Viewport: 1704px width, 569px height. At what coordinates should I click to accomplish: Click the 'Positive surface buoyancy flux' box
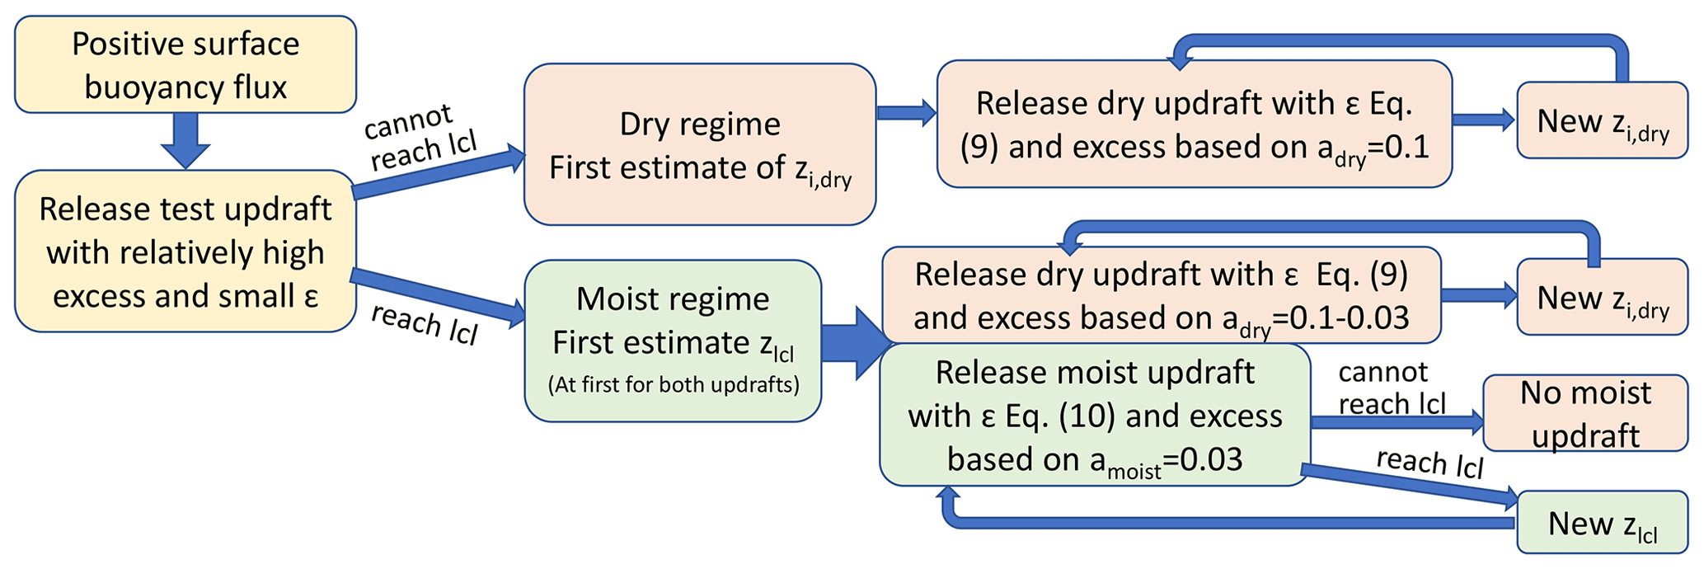click(185, 64)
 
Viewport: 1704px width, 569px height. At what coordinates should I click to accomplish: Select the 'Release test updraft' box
click(185, 252)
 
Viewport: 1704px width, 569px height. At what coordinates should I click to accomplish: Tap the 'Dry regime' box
click(699, 145)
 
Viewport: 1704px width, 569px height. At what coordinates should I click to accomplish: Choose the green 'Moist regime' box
click(673, 341)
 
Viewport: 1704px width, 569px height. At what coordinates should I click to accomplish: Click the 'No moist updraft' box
click(1584, 413)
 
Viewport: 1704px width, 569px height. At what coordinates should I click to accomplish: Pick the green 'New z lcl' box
click(1602, 523)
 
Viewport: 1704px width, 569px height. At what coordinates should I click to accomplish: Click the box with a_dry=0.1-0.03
click(1161, 295)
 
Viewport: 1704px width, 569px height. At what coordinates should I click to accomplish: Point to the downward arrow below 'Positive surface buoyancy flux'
click(185, 140)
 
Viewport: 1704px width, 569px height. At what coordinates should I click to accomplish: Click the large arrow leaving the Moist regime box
click(853, 343)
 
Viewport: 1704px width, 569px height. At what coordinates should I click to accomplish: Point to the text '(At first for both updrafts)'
click(673, 385)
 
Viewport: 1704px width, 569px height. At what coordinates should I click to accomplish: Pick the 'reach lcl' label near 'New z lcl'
click(1429, 463)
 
